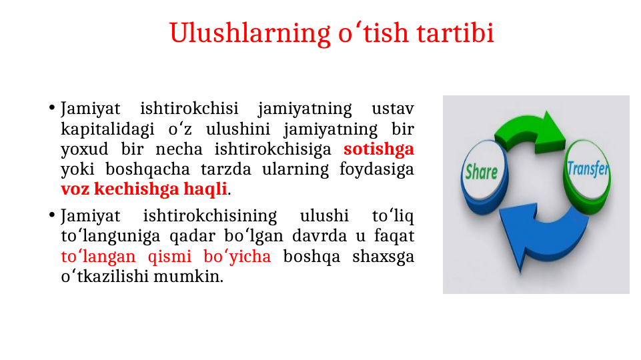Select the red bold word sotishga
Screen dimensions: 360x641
[378, 149]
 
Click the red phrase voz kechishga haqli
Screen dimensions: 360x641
[144, 189]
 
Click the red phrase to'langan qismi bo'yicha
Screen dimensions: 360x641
[165, 257]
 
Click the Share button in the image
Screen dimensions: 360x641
[482, 171]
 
